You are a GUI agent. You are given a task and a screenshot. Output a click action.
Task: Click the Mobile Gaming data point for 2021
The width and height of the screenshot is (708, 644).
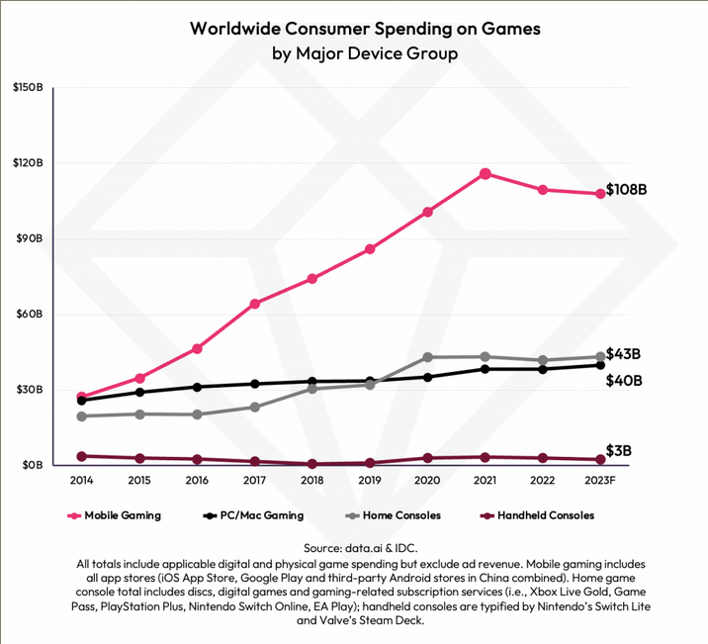point(486,173)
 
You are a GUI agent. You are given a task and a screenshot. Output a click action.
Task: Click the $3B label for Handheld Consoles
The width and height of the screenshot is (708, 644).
point(620,451)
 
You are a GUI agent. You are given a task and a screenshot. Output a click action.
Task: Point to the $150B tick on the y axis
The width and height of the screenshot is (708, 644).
point(27,88)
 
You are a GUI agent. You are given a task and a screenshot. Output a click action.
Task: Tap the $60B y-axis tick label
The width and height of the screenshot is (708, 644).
point(29,315)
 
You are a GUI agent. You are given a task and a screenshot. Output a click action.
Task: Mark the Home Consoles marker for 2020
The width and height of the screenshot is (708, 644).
point(427,357)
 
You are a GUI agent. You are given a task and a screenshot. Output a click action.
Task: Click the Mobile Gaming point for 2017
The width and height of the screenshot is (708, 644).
point(255,304)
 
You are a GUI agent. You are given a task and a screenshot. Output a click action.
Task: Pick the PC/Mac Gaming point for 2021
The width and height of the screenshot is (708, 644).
point(486,369)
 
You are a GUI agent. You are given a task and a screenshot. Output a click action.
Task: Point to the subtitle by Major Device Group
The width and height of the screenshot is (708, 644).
point(365,53)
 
